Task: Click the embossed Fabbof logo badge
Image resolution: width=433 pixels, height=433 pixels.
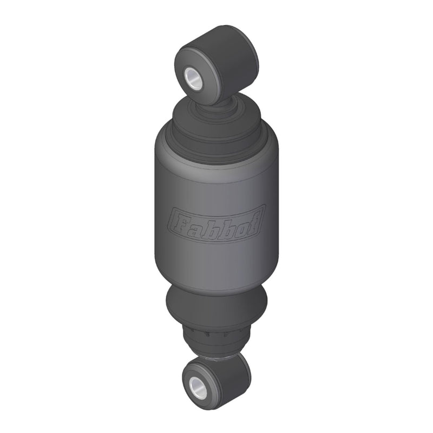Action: [x=217, y=221]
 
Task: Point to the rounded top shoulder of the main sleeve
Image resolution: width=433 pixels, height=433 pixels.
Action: [x=216, y=154]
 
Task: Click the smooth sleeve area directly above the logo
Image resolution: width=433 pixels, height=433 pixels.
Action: [x=216, y=184]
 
